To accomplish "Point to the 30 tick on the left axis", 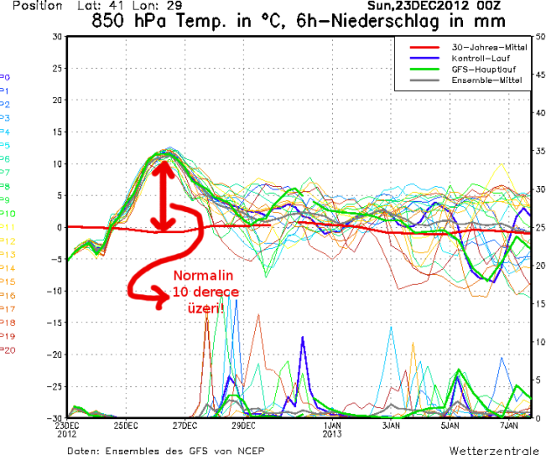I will tap(57, 37).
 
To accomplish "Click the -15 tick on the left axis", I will tap(54, 322).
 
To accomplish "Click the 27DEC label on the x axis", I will tap(184, 425).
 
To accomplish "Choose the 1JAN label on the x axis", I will tap(331, 425).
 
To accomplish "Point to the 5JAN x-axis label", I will tap(449, 425).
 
